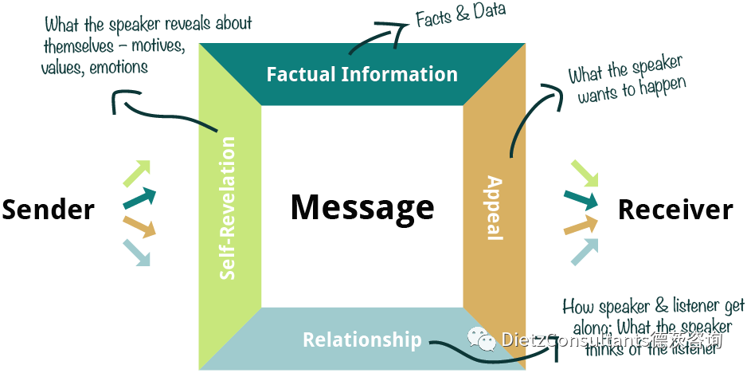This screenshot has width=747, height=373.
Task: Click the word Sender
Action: point(48,210)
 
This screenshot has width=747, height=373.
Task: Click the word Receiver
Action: point(675,210)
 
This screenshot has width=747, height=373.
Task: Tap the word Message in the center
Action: point(362,207)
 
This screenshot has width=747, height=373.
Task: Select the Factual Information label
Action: point(362,75)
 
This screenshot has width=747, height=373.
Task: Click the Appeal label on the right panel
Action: point(495,207)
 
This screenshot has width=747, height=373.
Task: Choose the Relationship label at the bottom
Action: point(362,340)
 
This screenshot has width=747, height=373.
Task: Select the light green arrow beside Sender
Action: point(137,172)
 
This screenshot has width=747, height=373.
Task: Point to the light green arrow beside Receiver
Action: point(585,173)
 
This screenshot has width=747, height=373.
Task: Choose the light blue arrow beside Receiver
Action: point(585,250)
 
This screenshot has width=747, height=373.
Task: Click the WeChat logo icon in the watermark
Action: point(481,340)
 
